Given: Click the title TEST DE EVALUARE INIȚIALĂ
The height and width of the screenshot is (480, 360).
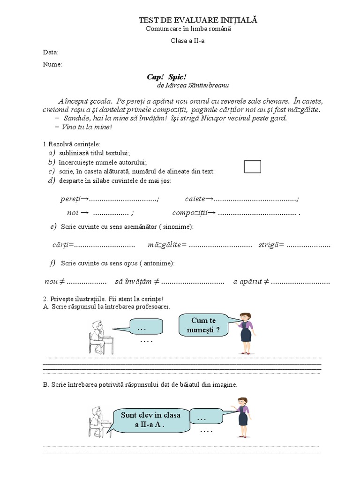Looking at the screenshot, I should (198, 20).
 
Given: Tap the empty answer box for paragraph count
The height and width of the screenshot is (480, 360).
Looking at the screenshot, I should (253, 166).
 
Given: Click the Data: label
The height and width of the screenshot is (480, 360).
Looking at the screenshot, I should (51, 52).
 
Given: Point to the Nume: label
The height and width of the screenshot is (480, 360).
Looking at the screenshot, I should (52, 64).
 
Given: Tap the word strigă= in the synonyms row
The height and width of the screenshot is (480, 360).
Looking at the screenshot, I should (271, 245).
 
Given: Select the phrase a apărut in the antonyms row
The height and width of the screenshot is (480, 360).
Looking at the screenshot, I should (247, 282).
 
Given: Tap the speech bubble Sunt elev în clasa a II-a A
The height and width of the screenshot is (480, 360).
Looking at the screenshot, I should (150, 420).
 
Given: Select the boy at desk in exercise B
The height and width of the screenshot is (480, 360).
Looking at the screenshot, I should (99, 421).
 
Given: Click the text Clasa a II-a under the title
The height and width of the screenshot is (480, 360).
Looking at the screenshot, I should (187, 41).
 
